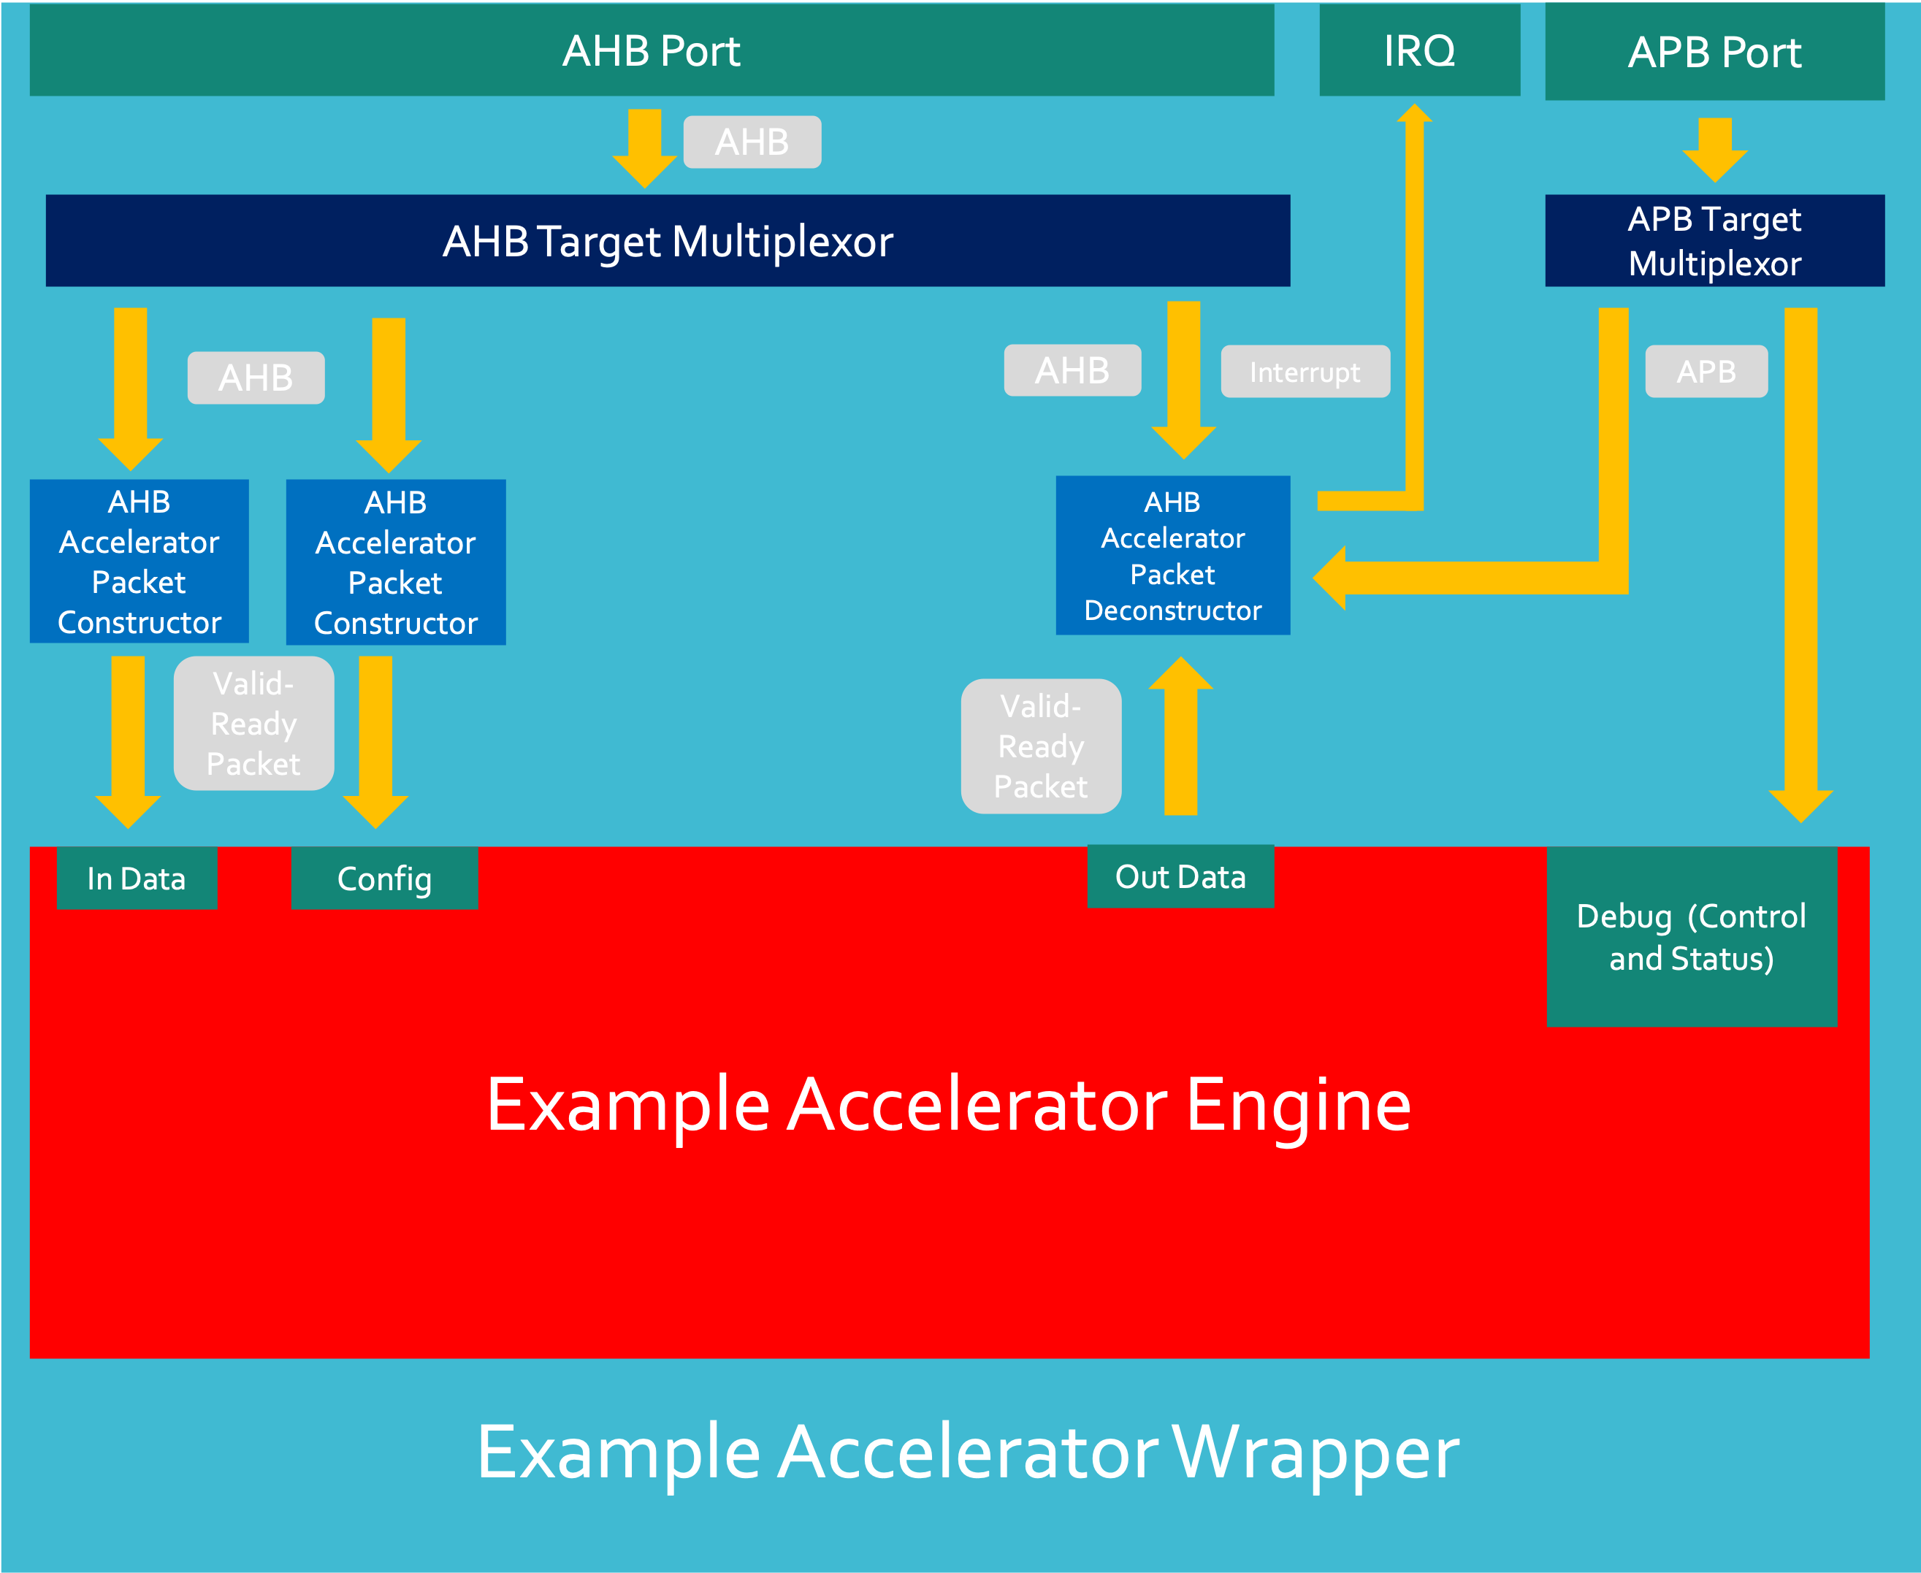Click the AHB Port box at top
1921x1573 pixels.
tap(652, 50)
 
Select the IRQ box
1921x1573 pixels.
tap(1419, 50)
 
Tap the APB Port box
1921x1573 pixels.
tap(1714, 53)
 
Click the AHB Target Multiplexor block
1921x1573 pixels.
tap(668, 241)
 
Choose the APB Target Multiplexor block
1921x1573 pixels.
tap(1714, 241)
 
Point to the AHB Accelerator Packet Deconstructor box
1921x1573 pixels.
tap(1172, 556)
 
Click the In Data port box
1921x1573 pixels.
tap(137, 878)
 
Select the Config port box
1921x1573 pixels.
tap(384, 878)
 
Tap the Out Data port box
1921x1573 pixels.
tap(1180, 876)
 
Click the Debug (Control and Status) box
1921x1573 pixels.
tap(1691, 937)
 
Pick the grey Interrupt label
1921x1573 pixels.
tap(1305, 372)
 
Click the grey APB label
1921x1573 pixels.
tap(1706, 372)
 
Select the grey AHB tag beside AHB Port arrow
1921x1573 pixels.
tap(752, 142)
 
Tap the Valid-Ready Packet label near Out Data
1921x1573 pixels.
tap(1040, 746)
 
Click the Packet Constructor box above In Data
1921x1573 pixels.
tap(139, 562)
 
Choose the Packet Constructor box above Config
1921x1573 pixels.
tap(395, 562)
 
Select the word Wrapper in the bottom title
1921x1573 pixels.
tap(1315, 1453)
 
